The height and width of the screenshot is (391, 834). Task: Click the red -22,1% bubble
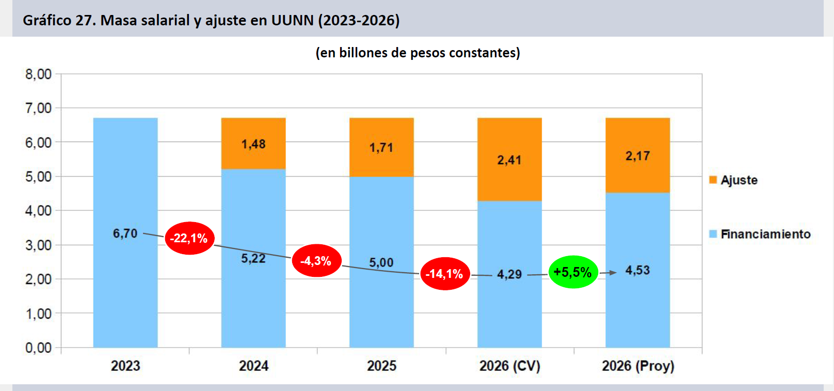pyautogui.click(x=189, y=238)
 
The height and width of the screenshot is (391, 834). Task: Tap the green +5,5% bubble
pyautogui.click(x=573, y=272)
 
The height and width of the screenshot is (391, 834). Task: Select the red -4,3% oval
pyautogui.click(x=316, y=261)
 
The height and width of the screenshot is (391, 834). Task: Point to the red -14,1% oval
pyautogui.click(x=444, y=274)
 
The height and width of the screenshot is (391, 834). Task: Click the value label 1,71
pyautogui.click(x=381, y=148)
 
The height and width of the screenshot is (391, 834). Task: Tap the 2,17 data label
pyautogui.click(x=637, y=156)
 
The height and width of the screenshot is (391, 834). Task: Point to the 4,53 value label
pyautogui.click(x=637, y=271)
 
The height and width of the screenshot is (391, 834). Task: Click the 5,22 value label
pyautogui.click(x=253, y=259)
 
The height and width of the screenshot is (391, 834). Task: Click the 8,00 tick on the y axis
pyautogui.click(x=39, y=74)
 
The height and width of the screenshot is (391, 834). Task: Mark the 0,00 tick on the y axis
pyautogui.click(x=39, y=348)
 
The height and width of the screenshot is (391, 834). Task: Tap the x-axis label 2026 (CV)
pyautogui.click(x=509, y=366)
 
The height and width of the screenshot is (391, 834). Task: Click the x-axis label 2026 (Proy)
pyautogui.click(x=638, y=366)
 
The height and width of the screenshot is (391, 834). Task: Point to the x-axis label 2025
pyautogui.click(x=381, y=366)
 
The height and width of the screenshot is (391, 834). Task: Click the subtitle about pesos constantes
pyautogui.click(x=418, y=53)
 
